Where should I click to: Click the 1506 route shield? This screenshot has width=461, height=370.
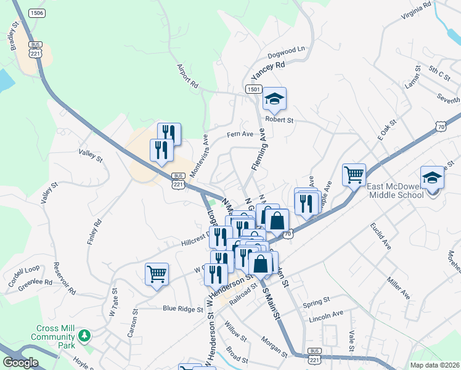tap(37, 13)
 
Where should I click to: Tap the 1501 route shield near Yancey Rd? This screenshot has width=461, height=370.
tap(254, 89)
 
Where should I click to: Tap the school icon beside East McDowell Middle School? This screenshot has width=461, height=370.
tap(432, 177)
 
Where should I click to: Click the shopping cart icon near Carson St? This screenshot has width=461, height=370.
tap(157, 274)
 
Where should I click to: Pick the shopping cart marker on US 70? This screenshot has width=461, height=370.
tap(354, 175)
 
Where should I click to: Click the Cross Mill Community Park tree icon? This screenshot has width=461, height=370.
tap(84, 336)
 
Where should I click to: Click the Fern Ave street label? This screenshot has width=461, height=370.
tap(240, 134)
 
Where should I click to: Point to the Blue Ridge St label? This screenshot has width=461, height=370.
tap(182, 308)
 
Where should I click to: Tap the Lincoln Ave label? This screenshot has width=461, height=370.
tap(326, 314)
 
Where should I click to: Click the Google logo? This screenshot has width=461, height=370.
tap(21, 363)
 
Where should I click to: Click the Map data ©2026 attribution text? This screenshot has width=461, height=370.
tap(434, 365)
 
